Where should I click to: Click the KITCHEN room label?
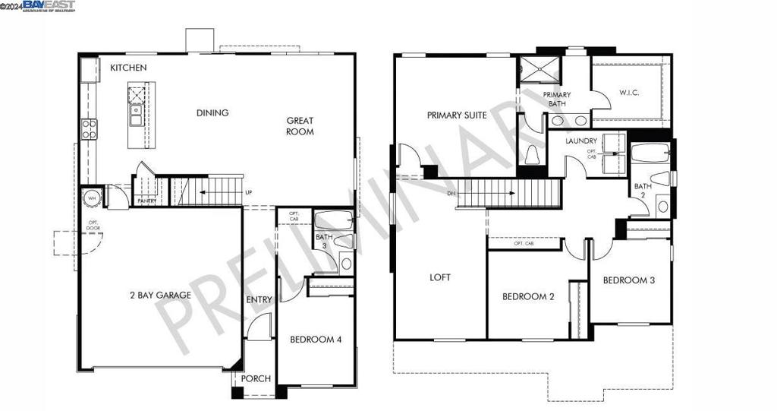(128, 68)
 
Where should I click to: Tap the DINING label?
(212, 113)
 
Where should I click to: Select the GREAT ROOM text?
(300, 126)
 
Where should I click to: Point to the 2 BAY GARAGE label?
(159, 295)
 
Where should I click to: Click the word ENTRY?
(259, 300)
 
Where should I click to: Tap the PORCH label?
(256, 379)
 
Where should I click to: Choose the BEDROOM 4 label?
(316, 340)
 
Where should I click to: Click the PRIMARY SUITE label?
(457, 115)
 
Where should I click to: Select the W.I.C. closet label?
(630, 93)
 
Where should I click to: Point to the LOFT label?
(440, 277)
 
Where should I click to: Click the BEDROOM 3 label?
(629, 280)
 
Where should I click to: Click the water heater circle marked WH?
(91, 198)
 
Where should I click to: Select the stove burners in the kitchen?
(89, 128)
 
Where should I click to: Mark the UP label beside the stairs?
(248, 192)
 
